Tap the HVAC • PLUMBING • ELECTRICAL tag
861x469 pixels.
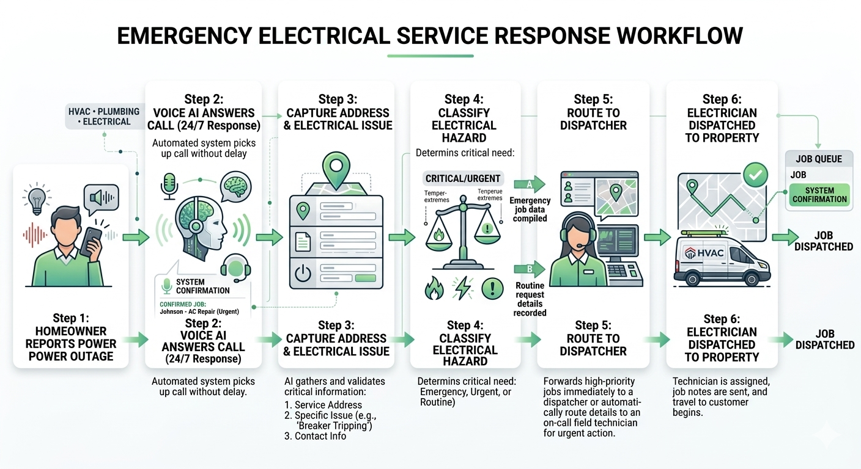click(103, 116)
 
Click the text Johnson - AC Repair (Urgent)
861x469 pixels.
click(199, 312)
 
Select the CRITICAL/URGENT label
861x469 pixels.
click(463, 179)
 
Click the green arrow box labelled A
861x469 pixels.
click(529, 183)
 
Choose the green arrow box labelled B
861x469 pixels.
click(529, 269)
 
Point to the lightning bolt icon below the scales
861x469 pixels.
click(462, 288)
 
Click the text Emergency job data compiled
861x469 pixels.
click(530, 209)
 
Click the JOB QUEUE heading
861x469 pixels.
click(819, 159)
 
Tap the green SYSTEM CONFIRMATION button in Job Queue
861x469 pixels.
click(819, 195)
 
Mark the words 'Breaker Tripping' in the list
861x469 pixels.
click(334, 426)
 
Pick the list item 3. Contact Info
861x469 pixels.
click(316, 436)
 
